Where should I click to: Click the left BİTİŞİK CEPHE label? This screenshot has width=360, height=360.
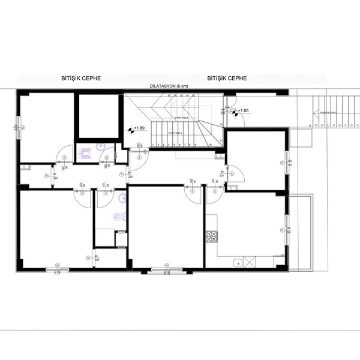(x=81, y=79)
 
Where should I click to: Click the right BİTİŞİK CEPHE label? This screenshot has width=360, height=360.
(x=227, y=79)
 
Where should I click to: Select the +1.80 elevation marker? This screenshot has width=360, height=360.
(x=137, y=128)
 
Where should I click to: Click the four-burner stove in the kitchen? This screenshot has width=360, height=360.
(x=211, y=237)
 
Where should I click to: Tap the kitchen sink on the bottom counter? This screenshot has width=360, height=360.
(x=239, y=262)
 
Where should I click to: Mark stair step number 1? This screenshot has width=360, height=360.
(x=154, y=145)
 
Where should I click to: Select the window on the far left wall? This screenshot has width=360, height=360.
(x=18, y=128)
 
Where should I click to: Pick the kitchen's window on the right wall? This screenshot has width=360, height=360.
(x=286, y=230)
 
